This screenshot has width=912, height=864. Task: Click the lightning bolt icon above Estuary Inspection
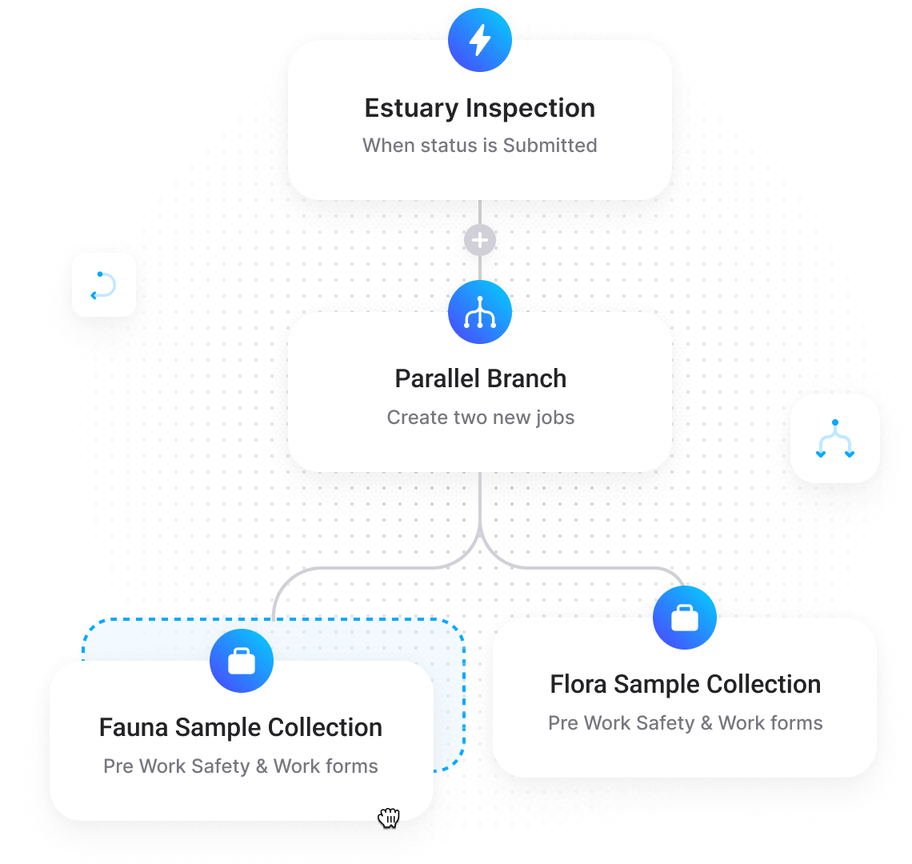tap(480, 40)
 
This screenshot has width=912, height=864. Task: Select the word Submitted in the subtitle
tap(550, 146)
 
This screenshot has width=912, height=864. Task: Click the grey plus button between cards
tap(480, 240)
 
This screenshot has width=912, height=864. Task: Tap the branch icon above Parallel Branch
tap(480, 312)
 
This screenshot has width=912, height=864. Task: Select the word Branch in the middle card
tap(530, 378)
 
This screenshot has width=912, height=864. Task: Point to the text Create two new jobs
tap(480, 418)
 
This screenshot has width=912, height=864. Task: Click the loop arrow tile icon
tap(104, 285)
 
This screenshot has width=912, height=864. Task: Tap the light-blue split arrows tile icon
tap(835, 438)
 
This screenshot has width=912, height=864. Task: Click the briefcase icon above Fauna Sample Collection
tap(242, 661)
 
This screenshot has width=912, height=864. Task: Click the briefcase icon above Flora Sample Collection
tap(685, 618)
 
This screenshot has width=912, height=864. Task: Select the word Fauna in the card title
tap(134, 728)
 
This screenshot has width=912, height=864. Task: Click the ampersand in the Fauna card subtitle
tap(262, 766)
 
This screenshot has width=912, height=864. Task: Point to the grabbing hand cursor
tap(389, 817)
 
